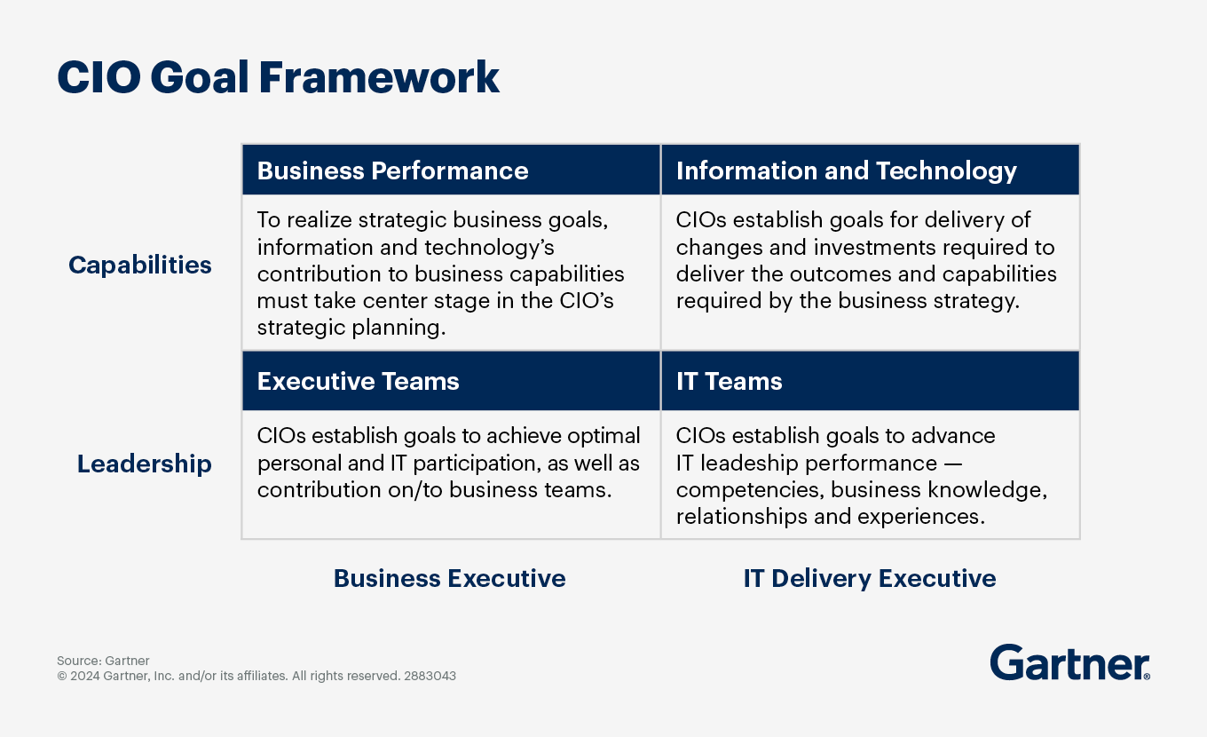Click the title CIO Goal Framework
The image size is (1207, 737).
tap(278, 77)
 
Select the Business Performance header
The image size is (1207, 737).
tap(392, 170)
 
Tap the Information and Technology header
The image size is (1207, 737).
tap(846, 171)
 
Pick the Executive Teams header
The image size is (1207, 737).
tap(358, 381)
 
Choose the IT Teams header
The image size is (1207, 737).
tap(729, 381)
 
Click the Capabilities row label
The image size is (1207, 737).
tap(139, 265)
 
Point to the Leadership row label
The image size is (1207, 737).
tap(144, 464)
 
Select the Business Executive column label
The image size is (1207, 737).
tap(449, 578)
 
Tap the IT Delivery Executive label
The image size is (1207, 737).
tap(870, 578)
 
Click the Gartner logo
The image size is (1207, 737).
tap(1069, 662)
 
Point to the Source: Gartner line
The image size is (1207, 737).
tap(103, 661)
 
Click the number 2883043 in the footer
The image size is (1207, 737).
tap(430, 676)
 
